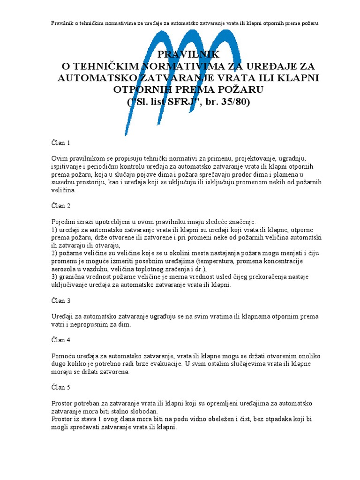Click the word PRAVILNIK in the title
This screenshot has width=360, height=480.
tap(180, 55)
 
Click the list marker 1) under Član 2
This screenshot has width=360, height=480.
tap(53, 230)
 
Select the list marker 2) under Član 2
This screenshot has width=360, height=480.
tap(53, 253)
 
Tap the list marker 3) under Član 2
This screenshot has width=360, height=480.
tap(53, 277)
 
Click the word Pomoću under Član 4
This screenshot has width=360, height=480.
tap(62, 356)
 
